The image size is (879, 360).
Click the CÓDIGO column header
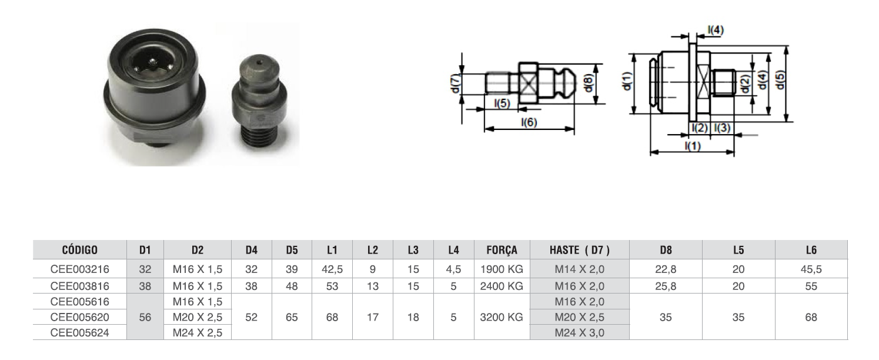[x=79, y=250]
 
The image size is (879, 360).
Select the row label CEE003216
[x=79, y=269]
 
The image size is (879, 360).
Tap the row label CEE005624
[x=79, y=332]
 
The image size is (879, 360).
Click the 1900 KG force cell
[x=502, y=269]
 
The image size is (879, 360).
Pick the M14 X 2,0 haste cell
[x=579, y=269]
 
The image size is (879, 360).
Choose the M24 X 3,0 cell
[x=579, y=332]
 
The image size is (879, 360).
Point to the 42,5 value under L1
[x=332, y=269]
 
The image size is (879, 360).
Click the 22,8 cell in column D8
[x=666, y=269]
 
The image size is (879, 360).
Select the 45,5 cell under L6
[x=811, y=269]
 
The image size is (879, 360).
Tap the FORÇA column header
[x=502, y=250]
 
